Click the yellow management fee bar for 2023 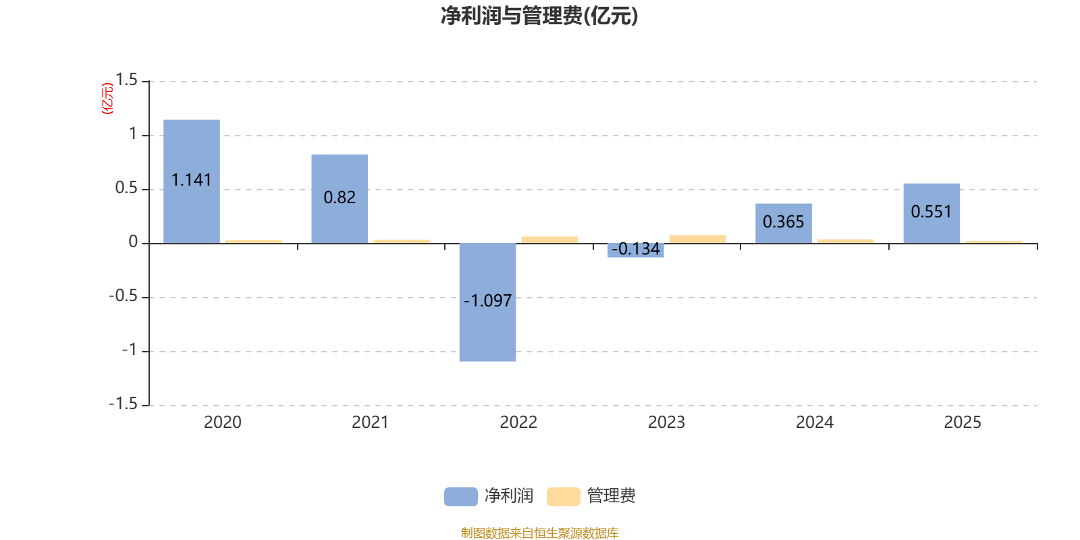click(697, 238)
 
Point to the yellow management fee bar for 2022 click(549, 239)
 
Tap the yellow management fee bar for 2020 click(254, 241)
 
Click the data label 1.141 click(192, 180)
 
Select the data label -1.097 click(487, 300)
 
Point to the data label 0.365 click(784, 221)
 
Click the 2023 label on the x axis click(666, 423)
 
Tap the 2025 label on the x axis click(962, 423)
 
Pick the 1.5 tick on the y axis click(126, 80)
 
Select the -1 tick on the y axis click(129, 350)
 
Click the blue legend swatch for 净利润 click(460, 496)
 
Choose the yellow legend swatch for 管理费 click(563, 496)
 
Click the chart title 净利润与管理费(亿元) click(539, 16)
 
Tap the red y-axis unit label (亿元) click(107, 99)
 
